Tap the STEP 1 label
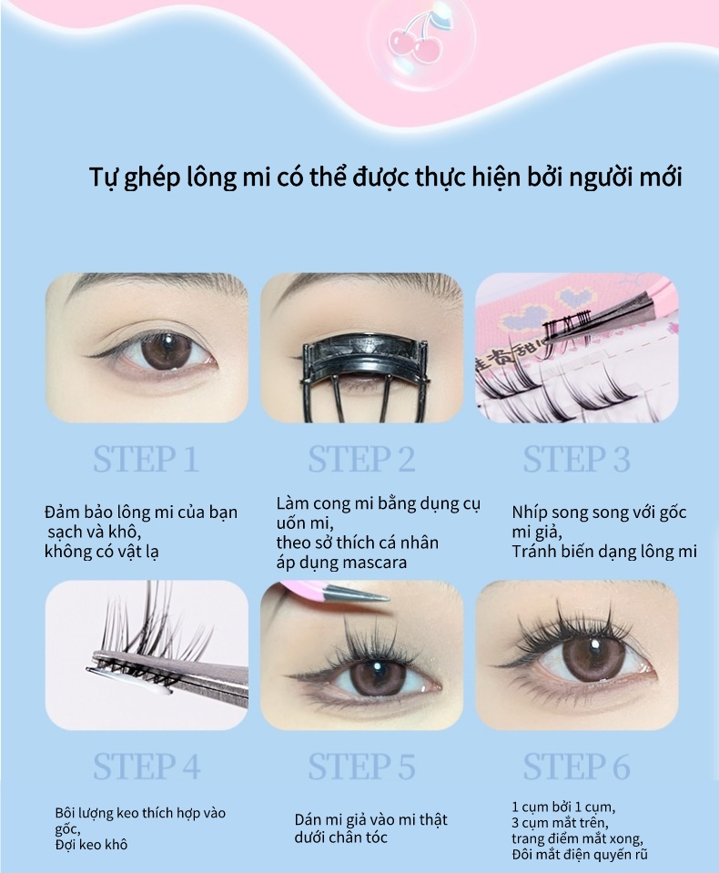(x=146, y=460)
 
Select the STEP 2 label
(x=361, y=460)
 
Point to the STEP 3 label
(x=576, y=460)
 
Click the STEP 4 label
(x=147, y=766)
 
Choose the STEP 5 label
(x=361, y=766)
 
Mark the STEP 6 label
(x=576, y=766)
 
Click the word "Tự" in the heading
(x=103, y=178)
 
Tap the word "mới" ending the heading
(x=661, y=178)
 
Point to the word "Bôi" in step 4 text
(x=66, y=813)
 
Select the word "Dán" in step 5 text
(x=309, y=819)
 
